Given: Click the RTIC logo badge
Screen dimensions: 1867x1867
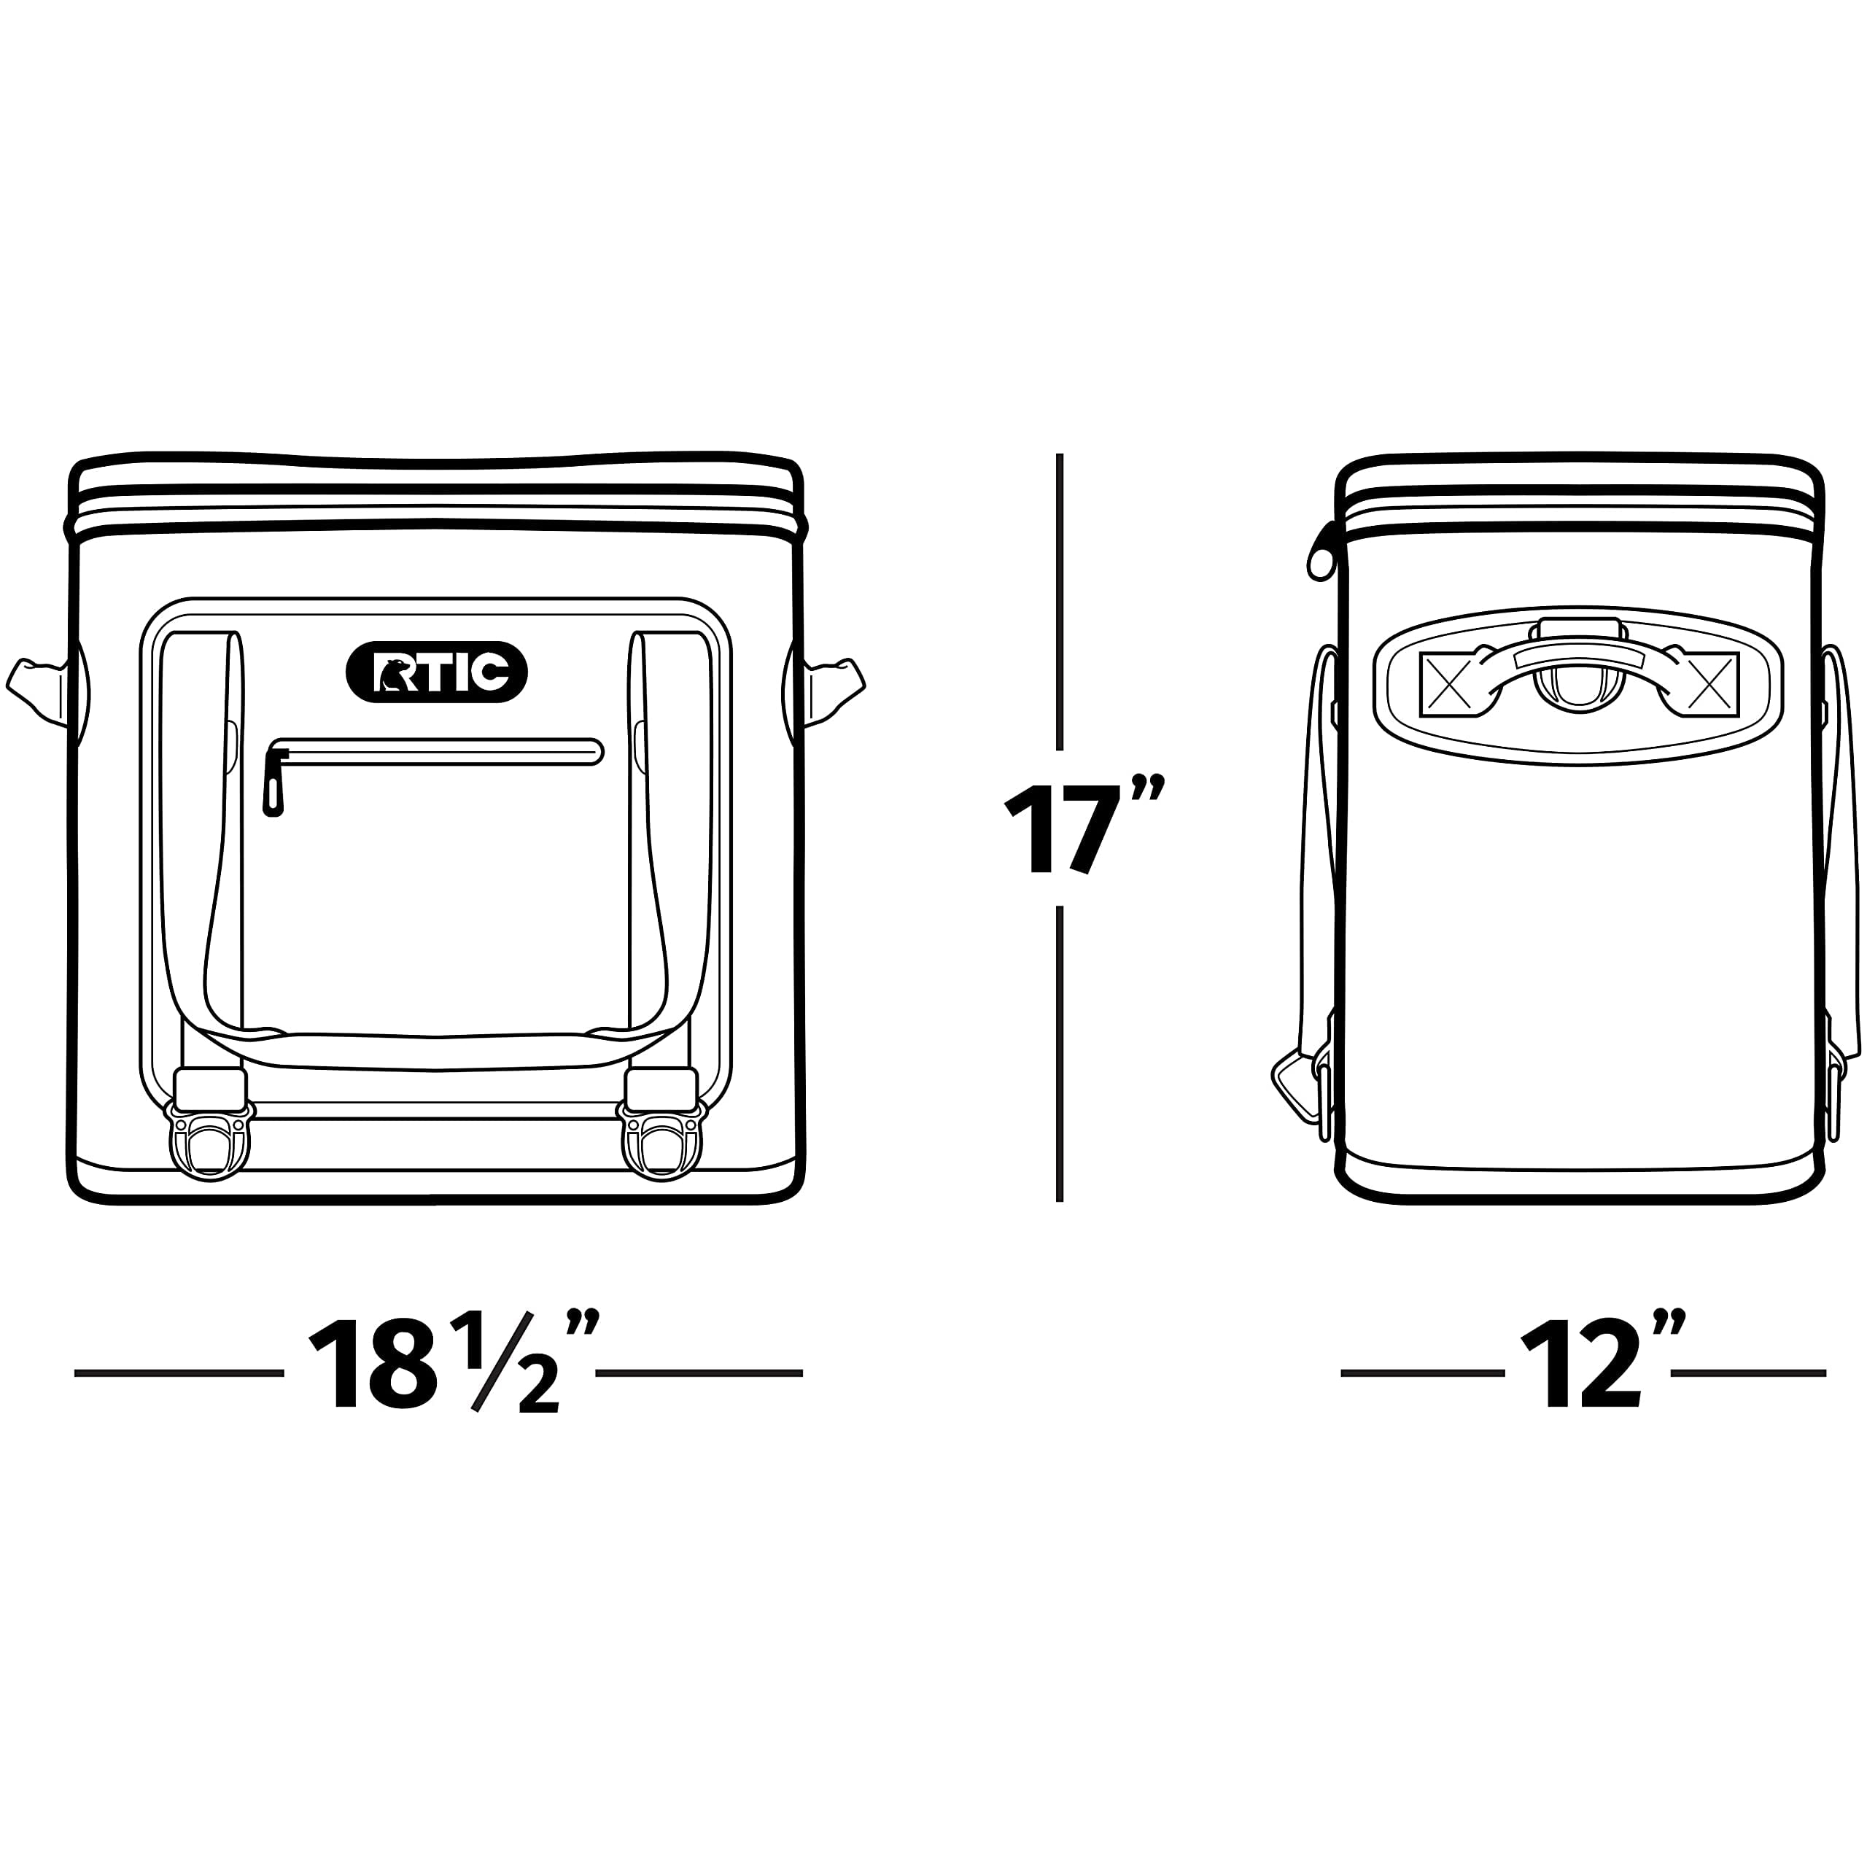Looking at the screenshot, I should (x=436, y=672).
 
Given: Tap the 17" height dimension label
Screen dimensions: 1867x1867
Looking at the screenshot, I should (x=1082, y=827).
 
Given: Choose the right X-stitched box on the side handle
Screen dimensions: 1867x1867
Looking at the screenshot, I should (x=1709, y=684).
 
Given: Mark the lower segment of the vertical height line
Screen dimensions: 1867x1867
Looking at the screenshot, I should (x=1060, y=1053).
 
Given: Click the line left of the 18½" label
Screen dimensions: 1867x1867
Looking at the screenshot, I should (x=179, y=1373).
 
